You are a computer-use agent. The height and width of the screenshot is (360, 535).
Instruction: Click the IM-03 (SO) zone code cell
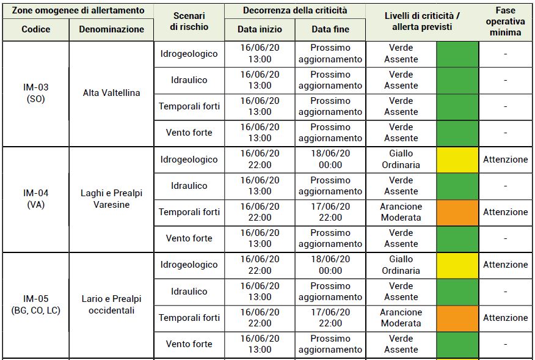click(36, 93)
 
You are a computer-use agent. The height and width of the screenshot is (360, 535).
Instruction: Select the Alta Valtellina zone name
click(111, 93)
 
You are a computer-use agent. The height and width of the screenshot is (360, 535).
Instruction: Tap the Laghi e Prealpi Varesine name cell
click(111, 199)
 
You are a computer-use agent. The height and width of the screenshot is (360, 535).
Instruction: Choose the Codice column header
click(36, 29)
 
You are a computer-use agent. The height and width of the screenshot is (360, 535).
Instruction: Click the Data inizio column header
click(260, 29)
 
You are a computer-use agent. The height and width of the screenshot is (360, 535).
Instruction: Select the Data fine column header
click(330, 29)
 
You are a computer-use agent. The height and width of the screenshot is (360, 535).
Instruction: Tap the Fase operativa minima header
click(505, 21)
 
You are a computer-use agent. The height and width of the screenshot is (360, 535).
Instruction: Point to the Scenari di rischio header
click(189, 21)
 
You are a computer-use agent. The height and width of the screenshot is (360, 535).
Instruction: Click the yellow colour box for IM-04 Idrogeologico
click(457, 160)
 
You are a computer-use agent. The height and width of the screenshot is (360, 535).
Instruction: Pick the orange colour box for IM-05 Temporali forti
click(457, 318)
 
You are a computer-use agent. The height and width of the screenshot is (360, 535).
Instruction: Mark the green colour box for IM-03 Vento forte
click(457, 133)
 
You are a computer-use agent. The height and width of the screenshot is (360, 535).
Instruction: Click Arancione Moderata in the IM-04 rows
click(401, 212)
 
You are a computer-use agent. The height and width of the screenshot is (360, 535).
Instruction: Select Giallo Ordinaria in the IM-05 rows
click(401, 265)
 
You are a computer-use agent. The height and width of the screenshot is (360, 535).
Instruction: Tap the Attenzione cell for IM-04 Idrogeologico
click(505, 160)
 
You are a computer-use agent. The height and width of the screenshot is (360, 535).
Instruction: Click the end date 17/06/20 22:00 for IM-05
click(330, 318)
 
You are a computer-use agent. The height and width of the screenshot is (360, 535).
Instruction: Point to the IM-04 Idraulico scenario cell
click(189, 186)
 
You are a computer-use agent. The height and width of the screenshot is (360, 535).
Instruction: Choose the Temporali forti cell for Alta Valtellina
click(189, 106)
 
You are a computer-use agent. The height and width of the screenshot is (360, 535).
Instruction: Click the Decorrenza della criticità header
click(295, 10)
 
